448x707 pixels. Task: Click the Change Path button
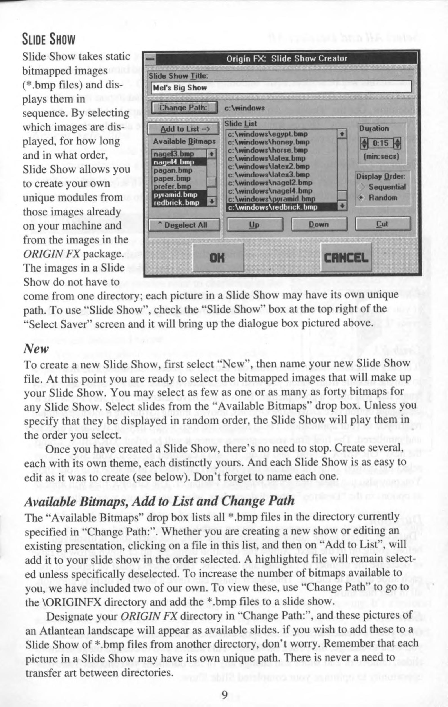coord(184,108)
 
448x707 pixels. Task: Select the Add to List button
coord(184,129)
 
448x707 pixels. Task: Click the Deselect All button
coord(184,225)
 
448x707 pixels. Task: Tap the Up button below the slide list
coord(255,224)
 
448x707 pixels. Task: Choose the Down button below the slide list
coord(319,224)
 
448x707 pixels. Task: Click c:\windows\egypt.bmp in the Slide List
coord(268,134)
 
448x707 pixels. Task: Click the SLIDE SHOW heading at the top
coord(49,39)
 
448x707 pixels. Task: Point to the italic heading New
coord(36,349)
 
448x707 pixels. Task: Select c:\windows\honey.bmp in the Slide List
coord(268,142)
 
